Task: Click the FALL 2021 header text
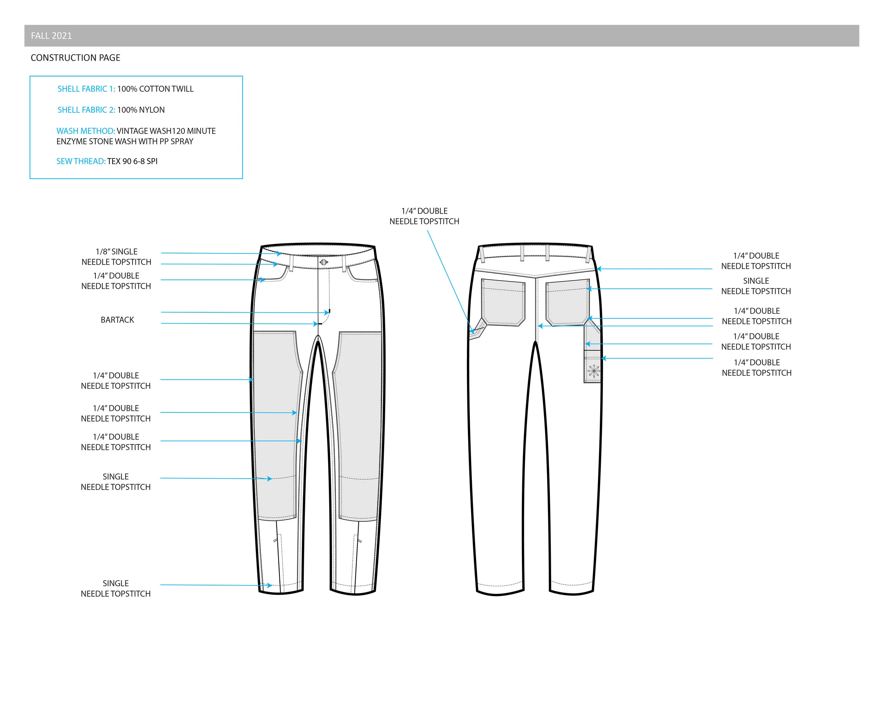click(x=51, y=36)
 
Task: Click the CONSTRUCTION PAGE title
click(x=76, y=57)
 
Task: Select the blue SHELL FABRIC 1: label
click(x=86, y=89)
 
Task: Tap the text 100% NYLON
click(x=141, y=110)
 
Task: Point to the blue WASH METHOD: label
click(x=86, y=131)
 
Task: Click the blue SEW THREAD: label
click(x=81, y=161)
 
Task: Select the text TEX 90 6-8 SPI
click(x=133, y=161)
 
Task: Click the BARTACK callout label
click(x=117, y=320)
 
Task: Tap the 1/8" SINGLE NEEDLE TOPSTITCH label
click(x=116, y=257)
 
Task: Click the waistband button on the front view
click(x=324, y=262)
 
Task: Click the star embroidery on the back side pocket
click(x=594, y=371)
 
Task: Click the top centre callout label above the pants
click(x=424, y=216)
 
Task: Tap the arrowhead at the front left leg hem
click(x=270, y=585)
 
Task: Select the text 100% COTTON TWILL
click(x=155, y=89)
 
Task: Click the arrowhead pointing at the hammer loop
click(x=472, y=331)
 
